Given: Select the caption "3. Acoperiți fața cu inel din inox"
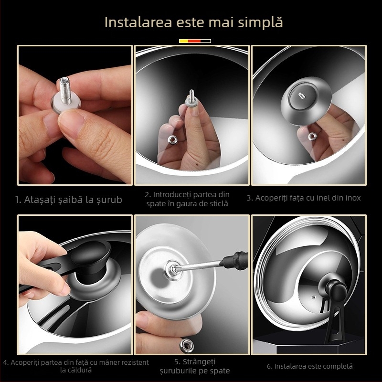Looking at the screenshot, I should tap(304, 198).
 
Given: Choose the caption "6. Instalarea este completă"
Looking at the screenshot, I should tap(309, 366).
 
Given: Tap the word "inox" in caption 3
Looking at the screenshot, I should tap(352, 198).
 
